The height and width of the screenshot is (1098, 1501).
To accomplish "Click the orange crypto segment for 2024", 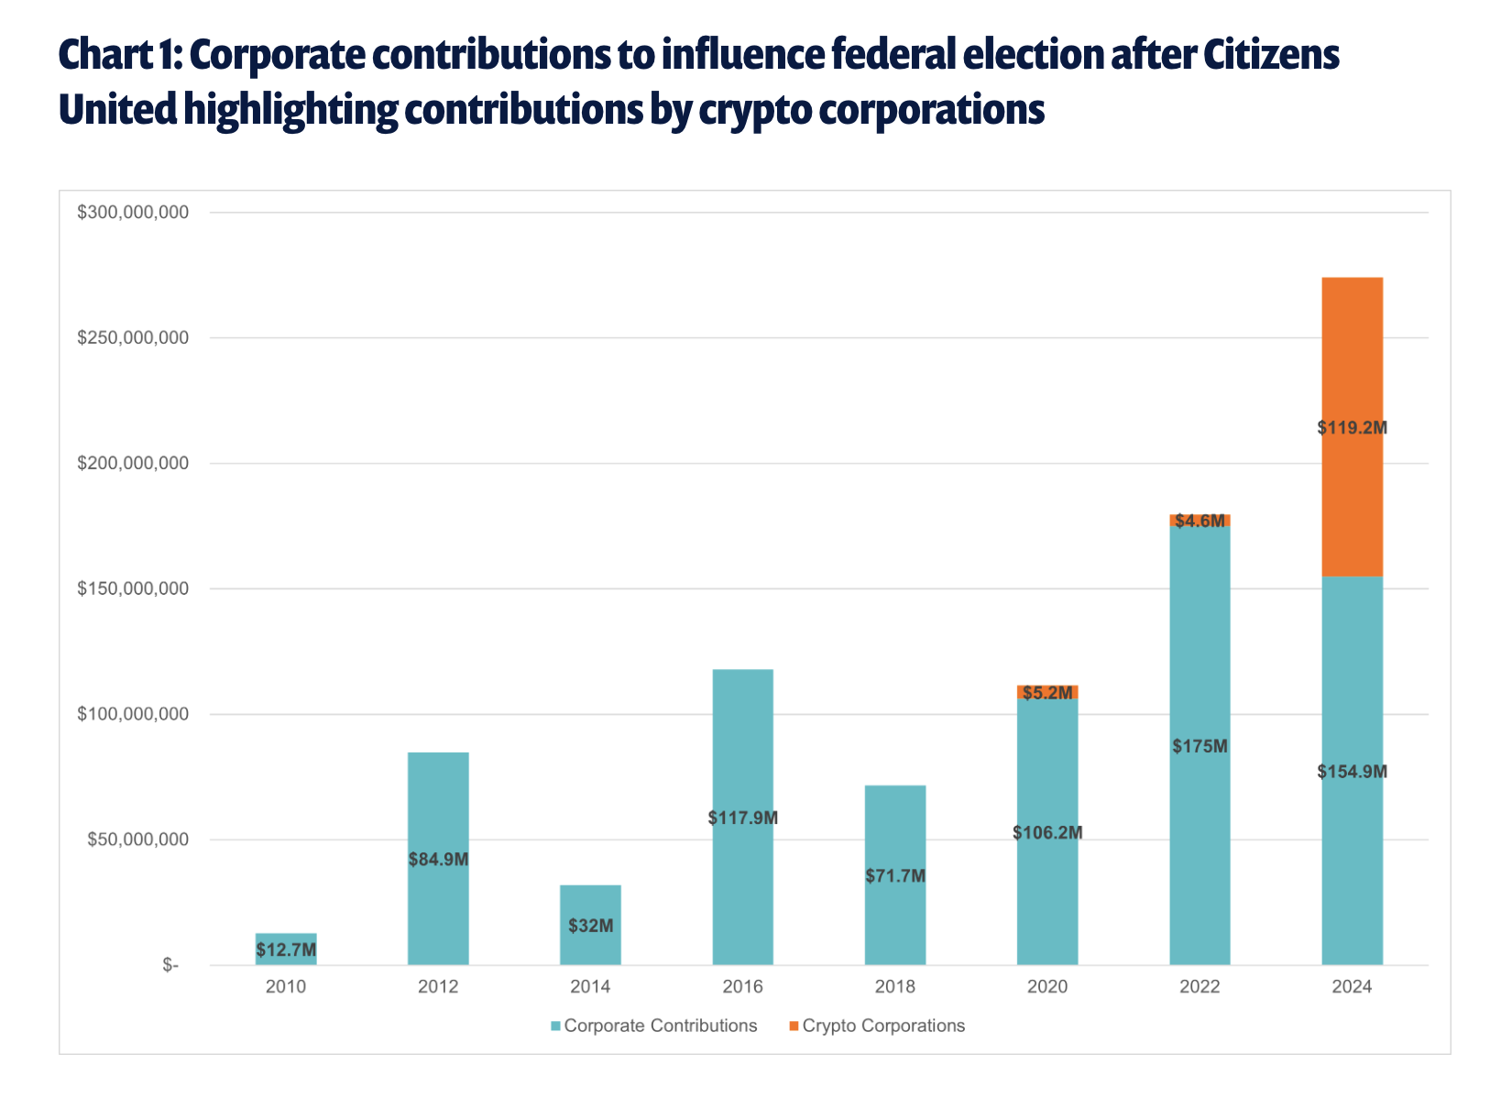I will pyautogui.click(x=1352, y=367).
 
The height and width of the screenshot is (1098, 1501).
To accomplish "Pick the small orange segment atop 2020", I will pyautogui.click(x=1047, y=692).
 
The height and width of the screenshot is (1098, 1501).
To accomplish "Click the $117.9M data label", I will pyautogui.click(x=743, y=818).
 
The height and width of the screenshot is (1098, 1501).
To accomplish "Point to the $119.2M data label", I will pyautogui.click(x=1352, y=427).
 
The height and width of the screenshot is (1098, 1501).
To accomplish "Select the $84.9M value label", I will pyautogui.click(x=438, y=860).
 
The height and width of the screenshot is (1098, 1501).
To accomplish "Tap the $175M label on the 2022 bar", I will pyautogui.click(x=1200, y=746).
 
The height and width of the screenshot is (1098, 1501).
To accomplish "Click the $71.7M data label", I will pyautogui.click(x=895, y=876).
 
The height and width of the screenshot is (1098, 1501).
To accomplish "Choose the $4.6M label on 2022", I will pyautogui.click(x=1200, y=521).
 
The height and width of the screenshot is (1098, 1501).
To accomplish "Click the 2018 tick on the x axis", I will pyautogui.click(x=895, y=987).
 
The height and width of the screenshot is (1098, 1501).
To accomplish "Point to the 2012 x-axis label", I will pyautogui.click(x=438, y=987).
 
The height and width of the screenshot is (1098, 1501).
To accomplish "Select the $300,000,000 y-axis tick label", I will pyautogui.click(x=133, y=213).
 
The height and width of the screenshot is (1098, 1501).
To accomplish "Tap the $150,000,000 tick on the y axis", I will pyautogui.click(x=133, y=588).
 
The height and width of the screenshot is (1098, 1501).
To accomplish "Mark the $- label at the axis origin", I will pyautogui.click(x=170, y=965).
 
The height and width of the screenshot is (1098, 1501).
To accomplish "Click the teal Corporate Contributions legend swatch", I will pyautogui.click(x=555, y=1027).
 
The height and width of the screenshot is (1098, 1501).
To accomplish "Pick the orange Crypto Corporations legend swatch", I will pyautogui.click(x=794, y=1027).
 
